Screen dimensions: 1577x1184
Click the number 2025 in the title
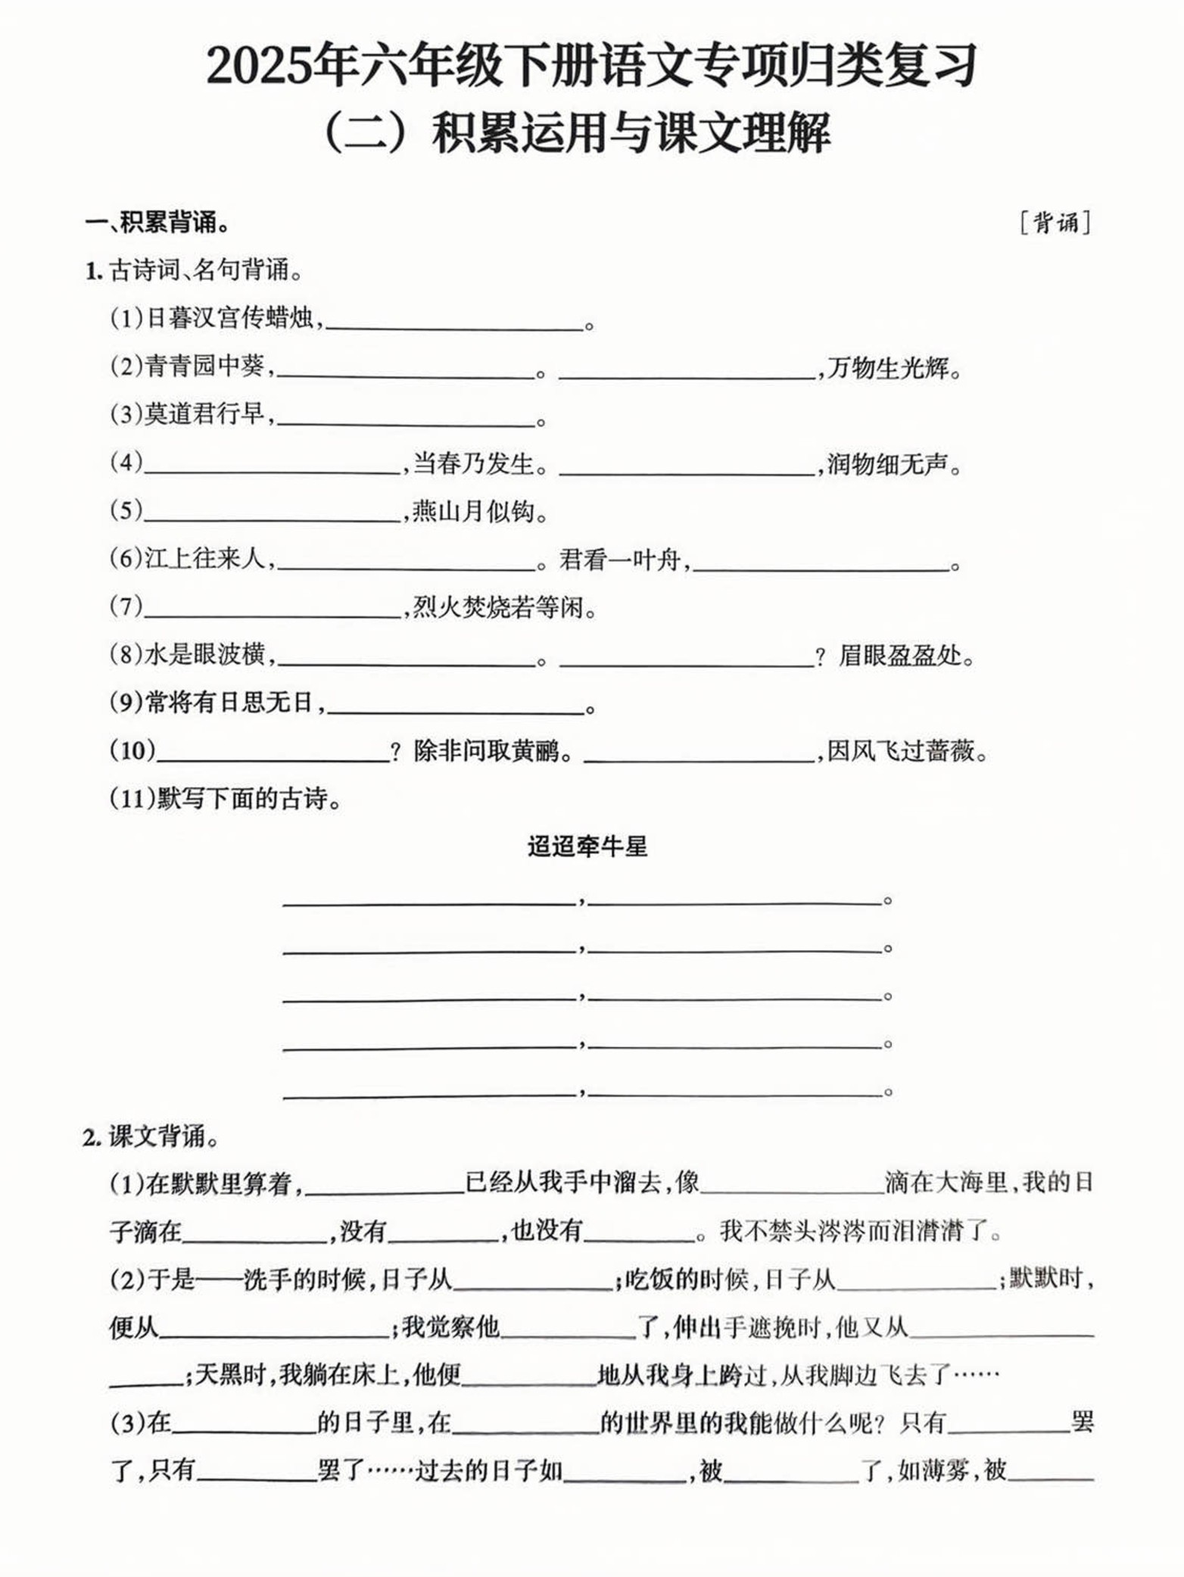coord(260,67)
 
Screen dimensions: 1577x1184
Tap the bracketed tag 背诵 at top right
coord(1055,223)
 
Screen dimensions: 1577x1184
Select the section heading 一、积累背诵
coord(157,223)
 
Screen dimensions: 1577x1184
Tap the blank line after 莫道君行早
coord(407,419)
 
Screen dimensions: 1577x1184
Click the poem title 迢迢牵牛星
coord(587,846)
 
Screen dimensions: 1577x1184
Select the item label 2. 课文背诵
coord(151,1136)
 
